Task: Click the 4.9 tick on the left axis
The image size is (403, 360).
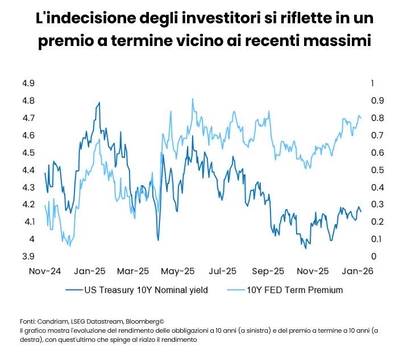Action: pyautogui.click(x=28, y=83)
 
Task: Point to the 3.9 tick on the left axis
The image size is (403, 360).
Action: pyautogui.click(x=28, y=256)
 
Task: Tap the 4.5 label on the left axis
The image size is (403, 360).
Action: pyautogui.click(x=28, y=153)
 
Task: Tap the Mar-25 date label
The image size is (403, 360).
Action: pyautogui.click(x=135, y=271)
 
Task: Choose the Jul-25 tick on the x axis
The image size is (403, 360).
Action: pyautogui.click(x=223, y=271)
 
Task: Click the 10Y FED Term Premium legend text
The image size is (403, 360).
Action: pyautogui.click(x=295, y=290)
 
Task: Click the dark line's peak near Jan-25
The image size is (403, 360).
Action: pyautogui.click(x=100, y=103)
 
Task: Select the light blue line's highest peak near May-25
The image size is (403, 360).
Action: pyautogui.click(x=193, y=99)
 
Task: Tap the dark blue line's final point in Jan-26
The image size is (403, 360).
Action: pyautogui.click(x=361, y=212)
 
